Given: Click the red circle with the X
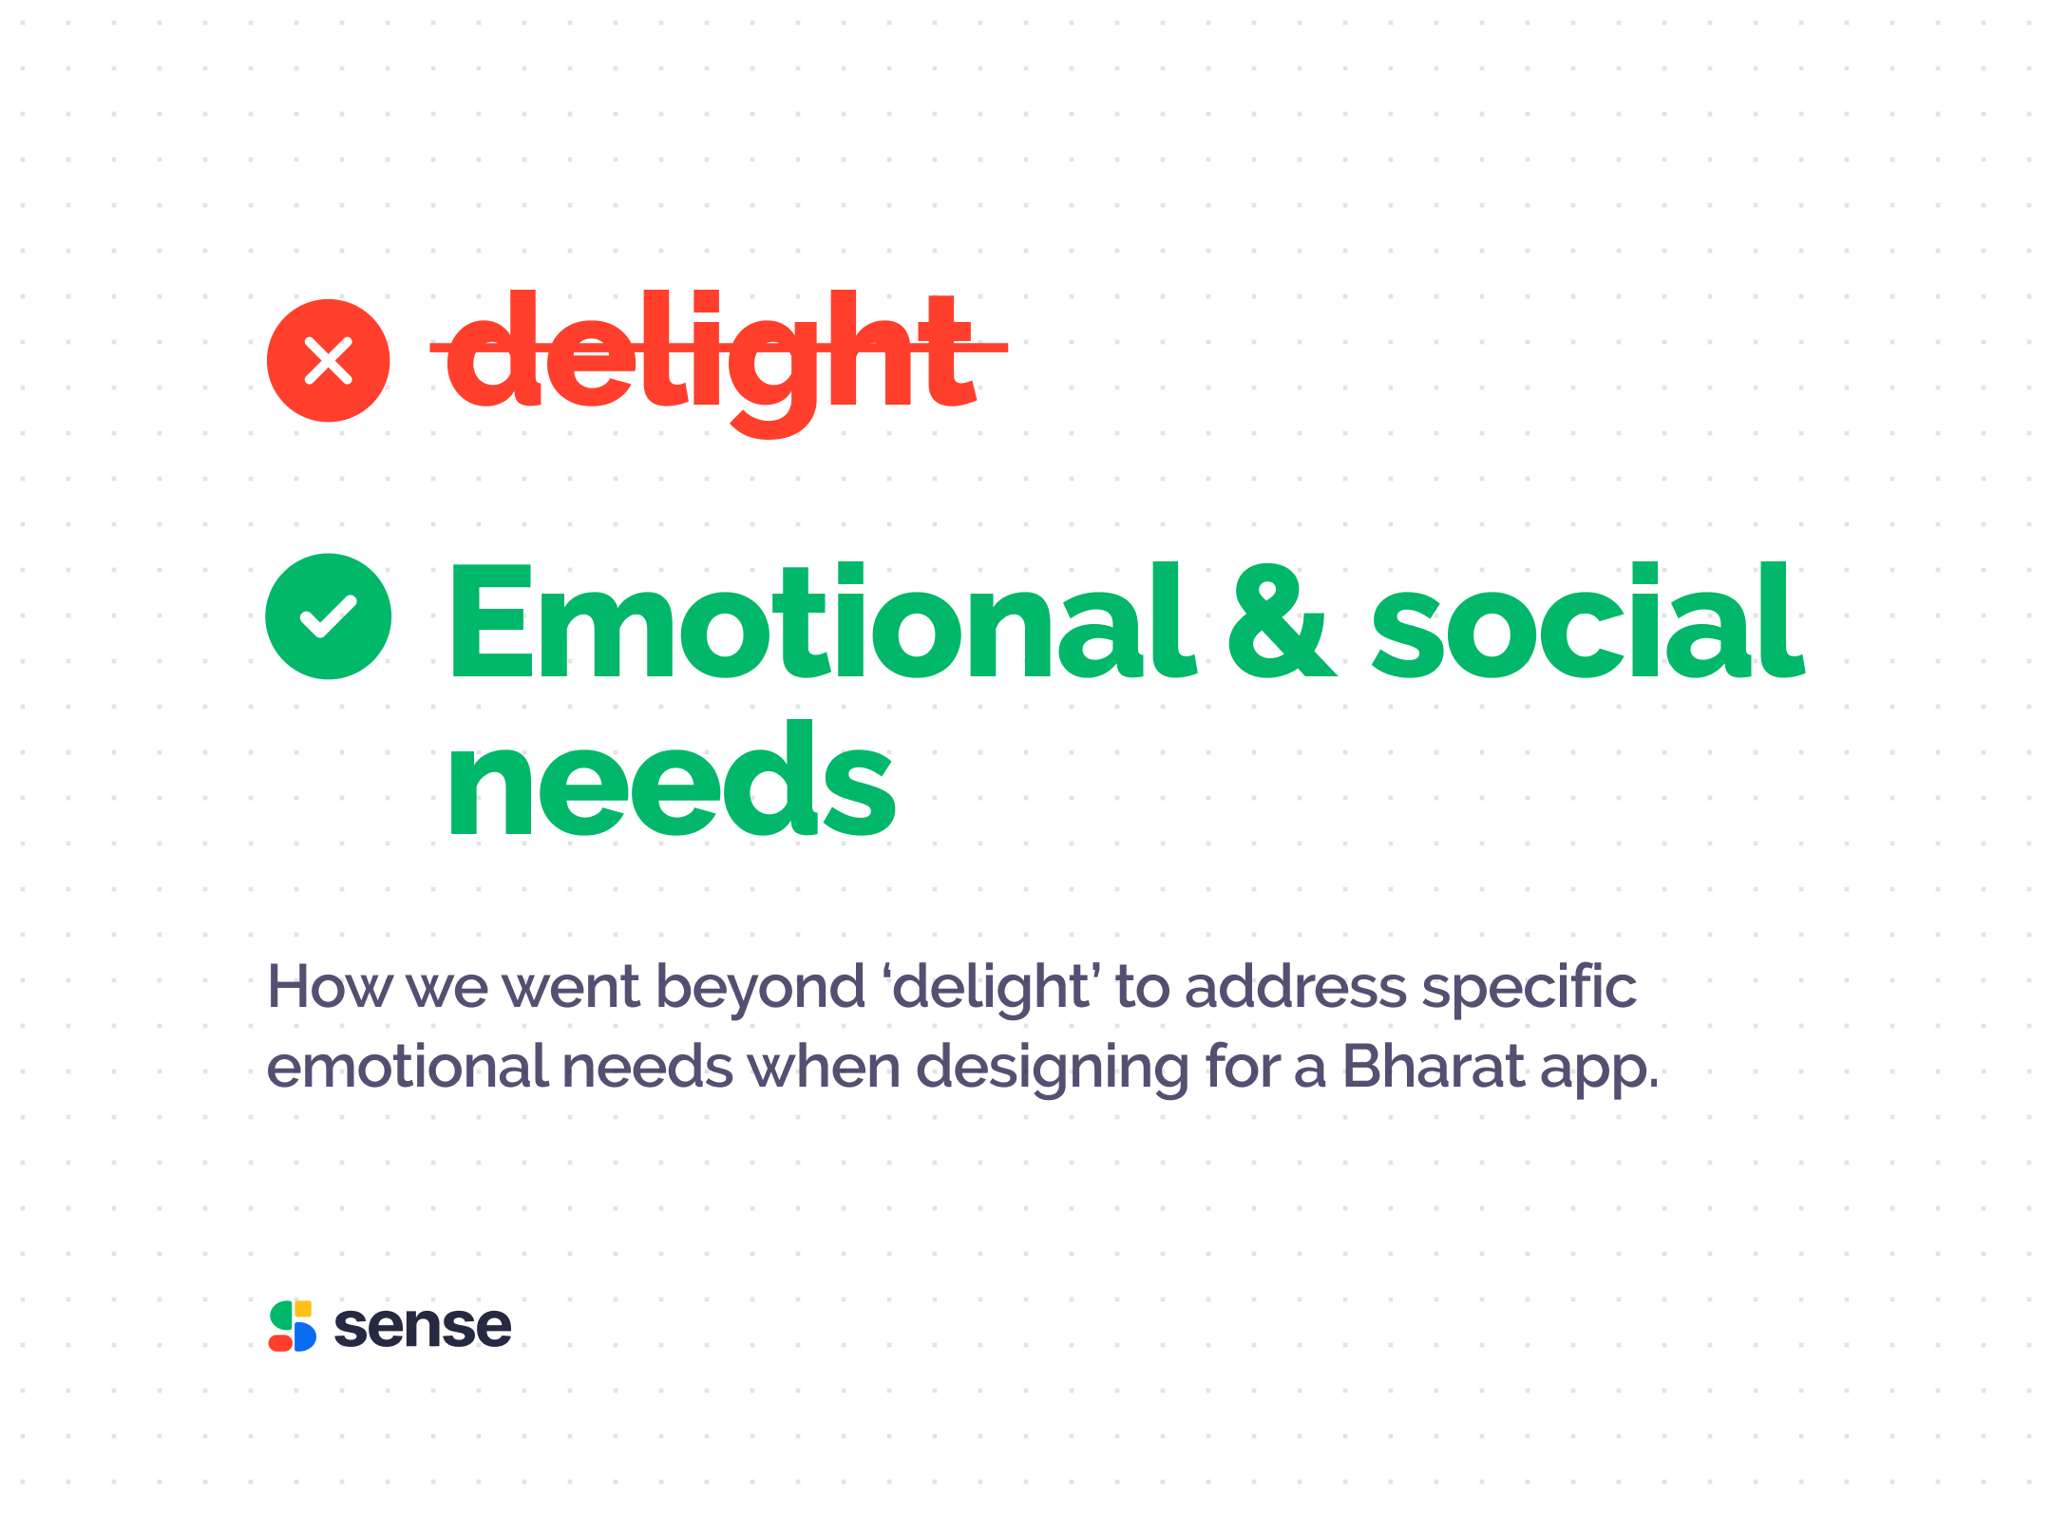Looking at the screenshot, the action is pyautogui.click(x=328, y=361).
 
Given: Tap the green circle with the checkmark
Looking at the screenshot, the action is pyautogui.click(x=328, y=616).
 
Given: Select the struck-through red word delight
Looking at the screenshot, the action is pyautogui.click(x=718, y=363).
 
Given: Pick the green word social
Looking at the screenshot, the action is pyautogui.click(x=1588, y=620).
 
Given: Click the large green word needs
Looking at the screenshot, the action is pyautogui.click(x=672, y=779).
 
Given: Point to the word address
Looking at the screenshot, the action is pyautogui.click(x=1296, y=987).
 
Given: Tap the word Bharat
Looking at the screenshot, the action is pyautogui.click(x=1434, y=1067).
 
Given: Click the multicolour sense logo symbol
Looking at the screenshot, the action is pyautogui.click(x=293, y=1326).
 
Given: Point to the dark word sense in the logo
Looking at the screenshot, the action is pyautogui.click(x=423, y=1327).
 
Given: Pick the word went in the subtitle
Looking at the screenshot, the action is pyautogui.click(x=571, y=989).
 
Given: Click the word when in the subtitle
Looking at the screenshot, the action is pyautogui.click(x=824, y=1067).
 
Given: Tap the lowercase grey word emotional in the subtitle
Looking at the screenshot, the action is pyautogui.click(x=408, y=1067).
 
